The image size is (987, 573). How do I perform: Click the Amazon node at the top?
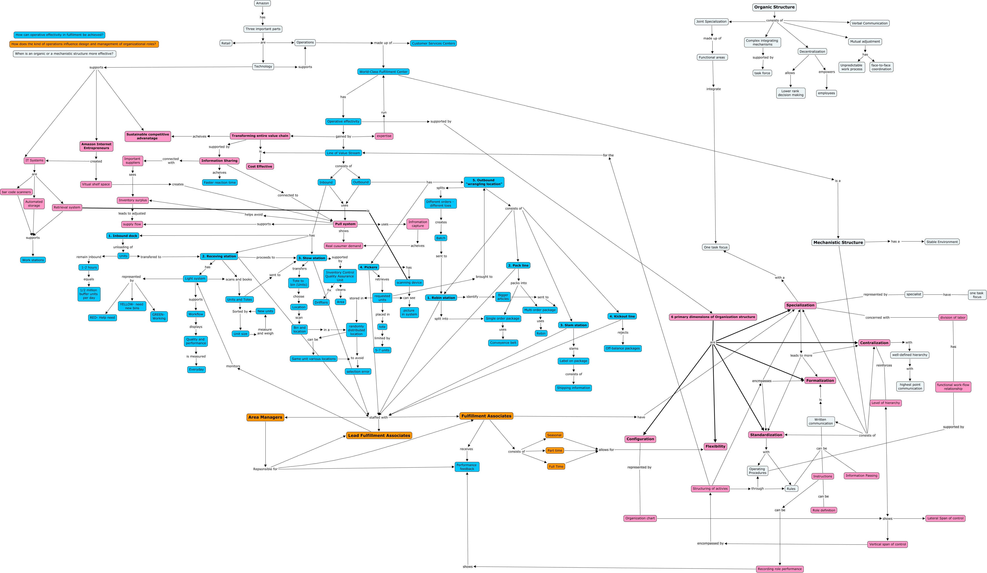coord(263,3)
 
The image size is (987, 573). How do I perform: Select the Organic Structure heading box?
coord(774,7)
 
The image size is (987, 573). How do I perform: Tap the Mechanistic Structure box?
coord(838,242)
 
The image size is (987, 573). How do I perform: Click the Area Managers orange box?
coord(265,417)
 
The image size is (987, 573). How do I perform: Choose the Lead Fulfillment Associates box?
coord(379,435)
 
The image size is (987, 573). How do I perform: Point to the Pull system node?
coord(345,224)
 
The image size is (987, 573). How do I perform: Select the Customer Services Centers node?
coord(433,44)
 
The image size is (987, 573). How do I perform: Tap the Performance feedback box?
coord(467,467)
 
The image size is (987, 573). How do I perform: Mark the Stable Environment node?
coord(942,242)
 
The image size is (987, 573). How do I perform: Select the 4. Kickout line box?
coord(622,316)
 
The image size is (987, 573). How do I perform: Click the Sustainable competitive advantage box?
coord(148,136)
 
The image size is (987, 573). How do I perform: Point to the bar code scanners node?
coord(16,192)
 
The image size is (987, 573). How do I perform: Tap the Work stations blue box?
coord(33,260)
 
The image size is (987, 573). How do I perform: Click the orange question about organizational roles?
coord(84,44)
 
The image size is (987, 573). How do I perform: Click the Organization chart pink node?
coord(640,518)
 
